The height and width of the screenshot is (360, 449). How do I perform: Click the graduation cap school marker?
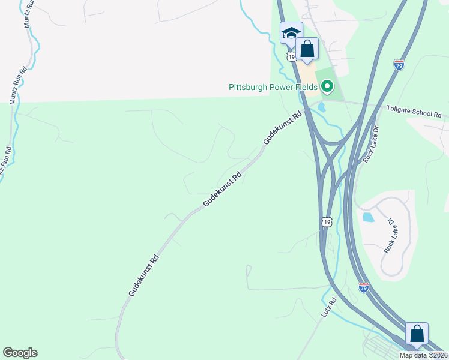click(x=291, y=33)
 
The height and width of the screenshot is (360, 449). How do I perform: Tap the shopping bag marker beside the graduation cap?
click(x=307, y=49)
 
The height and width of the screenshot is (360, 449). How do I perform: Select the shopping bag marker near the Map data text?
click(x=417, y=334)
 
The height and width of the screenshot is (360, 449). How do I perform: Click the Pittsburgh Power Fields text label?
click(x=273, y=87)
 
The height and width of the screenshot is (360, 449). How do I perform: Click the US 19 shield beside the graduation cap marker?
click(x=291, y=56)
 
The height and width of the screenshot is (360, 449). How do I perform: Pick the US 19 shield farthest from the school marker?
click(x=326, y=221)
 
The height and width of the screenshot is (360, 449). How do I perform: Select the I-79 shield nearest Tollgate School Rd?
click(x=399, y=64)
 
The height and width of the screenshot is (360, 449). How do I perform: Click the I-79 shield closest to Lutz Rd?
click(x=364, y=287)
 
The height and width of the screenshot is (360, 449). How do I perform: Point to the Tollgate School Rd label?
click(x=414, y=113)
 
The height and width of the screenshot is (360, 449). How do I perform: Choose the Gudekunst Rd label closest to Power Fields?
click(x=282, y=127)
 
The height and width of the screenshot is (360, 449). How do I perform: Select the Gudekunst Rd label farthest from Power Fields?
click(x=143, y=275)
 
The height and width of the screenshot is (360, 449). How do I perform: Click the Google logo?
click(x=20, y=353)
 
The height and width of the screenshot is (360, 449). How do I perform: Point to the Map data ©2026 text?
click(x=423, y=355)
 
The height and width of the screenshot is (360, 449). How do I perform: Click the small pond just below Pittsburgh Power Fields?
click(x=321, y=108)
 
